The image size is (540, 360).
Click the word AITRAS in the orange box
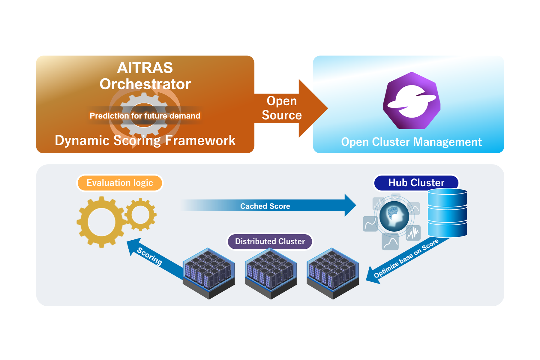click(x=145, y=68)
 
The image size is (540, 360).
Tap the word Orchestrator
click(x=145, y=84)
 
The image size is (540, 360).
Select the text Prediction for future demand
click(x=145, y=116)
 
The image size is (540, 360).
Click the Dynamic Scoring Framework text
click(x=145, y=140)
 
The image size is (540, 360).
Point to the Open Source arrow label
click(x=282, y=108)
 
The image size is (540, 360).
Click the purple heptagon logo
click(x=412, y=101)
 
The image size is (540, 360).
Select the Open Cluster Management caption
click(x=411, y=142)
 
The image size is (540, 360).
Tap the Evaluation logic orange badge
click(x=120, y=183)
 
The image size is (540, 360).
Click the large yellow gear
click(x=101, y=222)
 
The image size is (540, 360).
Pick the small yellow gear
click(x=140, y=214)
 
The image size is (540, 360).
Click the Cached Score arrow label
click(x=265, y=206)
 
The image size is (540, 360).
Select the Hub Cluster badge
click(x=416, y=183)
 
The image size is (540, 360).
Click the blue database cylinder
click(x=447, y=213)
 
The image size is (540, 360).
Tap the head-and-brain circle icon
click(x=394, y=216)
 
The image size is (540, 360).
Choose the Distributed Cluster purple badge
click(x=270, y=241)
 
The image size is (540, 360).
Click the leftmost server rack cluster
click(x=209, y=273)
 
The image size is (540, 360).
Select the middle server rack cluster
click(x=271, y=273)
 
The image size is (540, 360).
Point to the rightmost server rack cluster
click(x=333, y=273)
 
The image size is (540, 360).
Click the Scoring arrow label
click(x=149, y=256)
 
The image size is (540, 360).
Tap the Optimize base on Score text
click(x=406, y=258)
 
